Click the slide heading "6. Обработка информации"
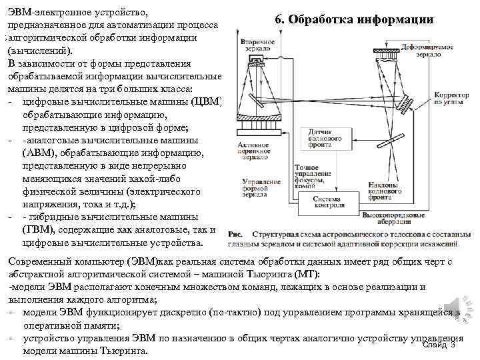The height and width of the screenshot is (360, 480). [354, 19]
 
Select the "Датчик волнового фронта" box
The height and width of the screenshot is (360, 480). [325, 137]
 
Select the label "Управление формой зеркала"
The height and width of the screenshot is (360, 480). [257, 190]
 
